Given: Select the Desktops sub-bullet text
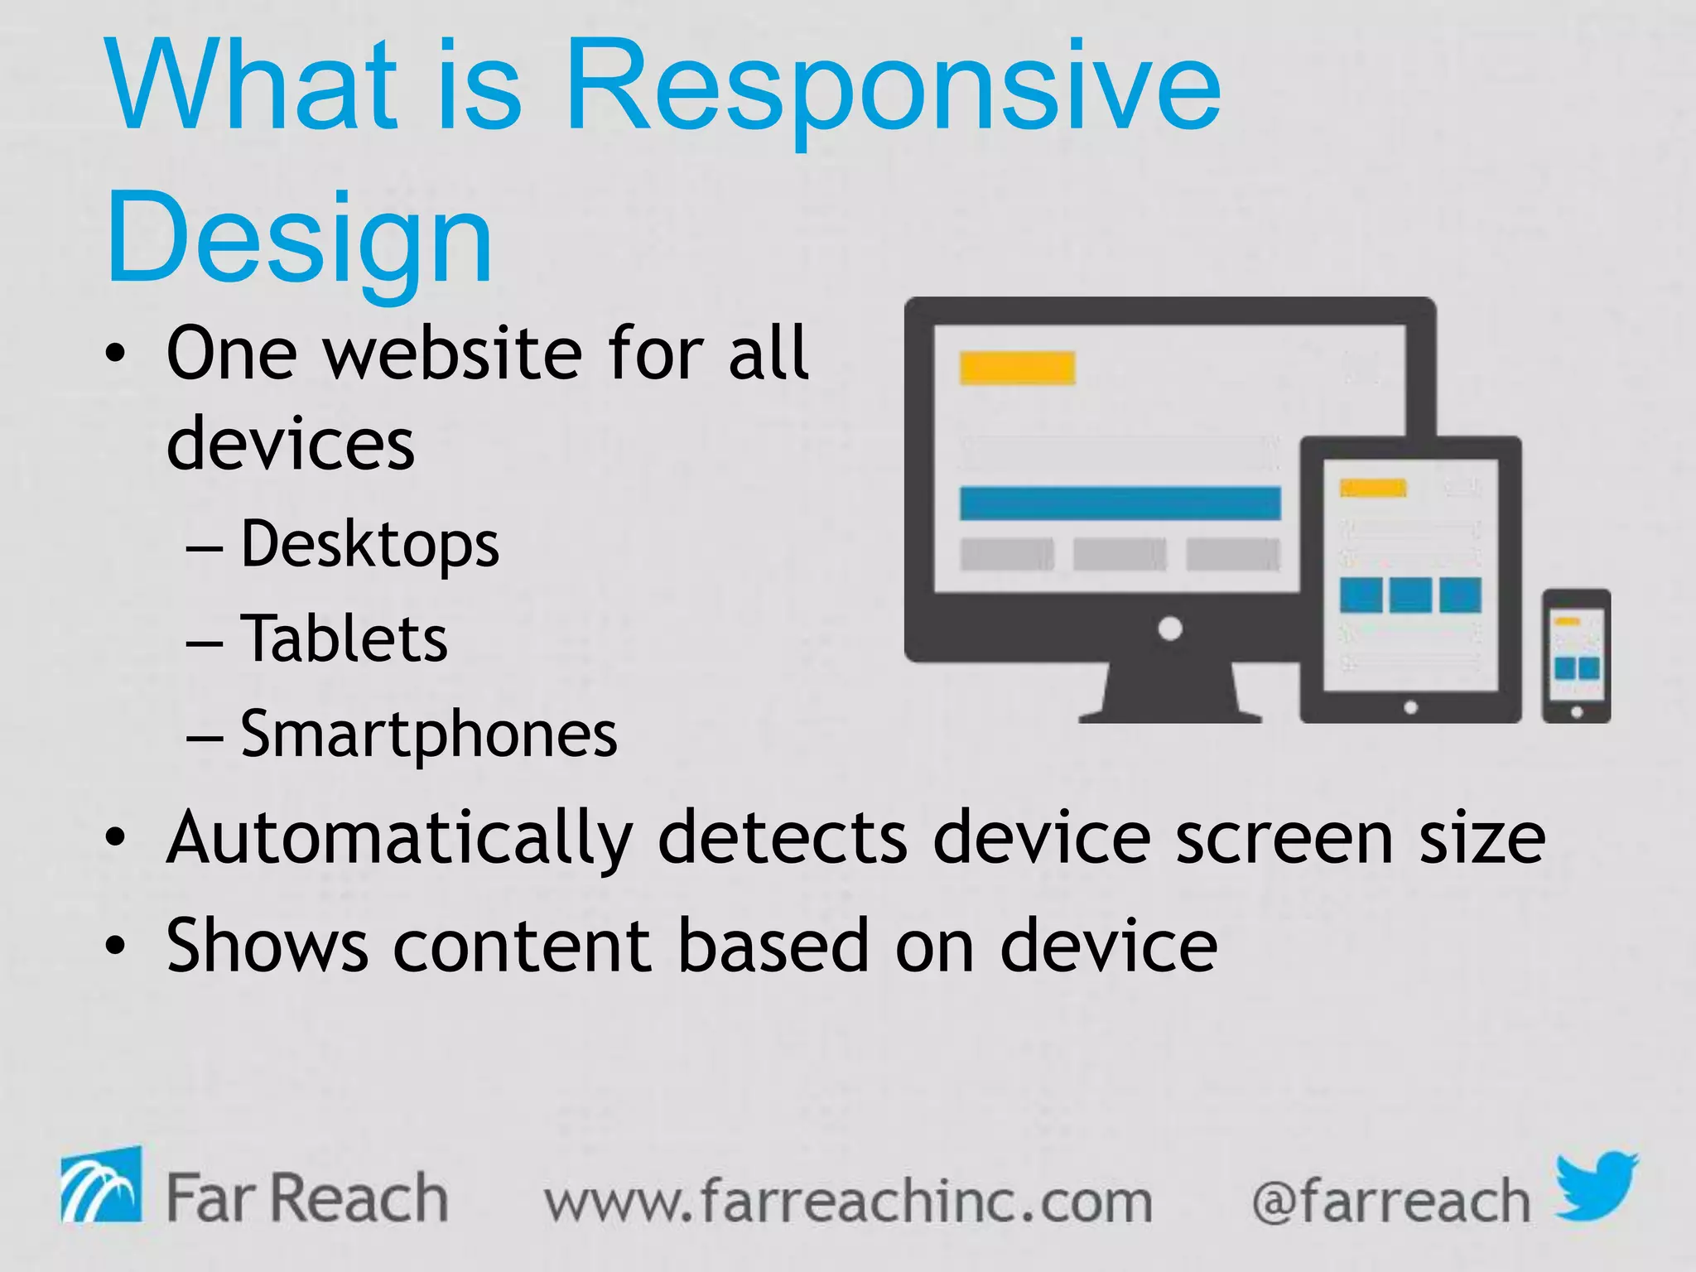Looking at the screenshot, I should [x=369, y=544].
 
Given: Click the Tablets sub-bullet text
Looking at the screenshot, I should [x=344, y=638].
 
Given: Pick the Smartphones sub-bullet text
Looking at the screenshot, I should [x=428, y=734].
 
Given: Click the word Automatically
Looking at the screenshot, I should [x=399, y=838].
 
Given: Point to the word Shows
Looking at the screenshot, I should [x=267, y=945].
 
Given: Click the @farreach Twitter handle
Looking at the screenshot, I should [x=1391, y=1202].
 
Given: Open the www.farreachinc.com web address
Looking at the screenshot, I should [x=848, y=1202].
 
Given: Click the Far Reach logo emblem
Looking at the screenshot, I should [x=100, y=1186].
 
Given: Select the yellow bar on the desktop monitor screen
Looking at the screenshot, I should [x=1017, y=368].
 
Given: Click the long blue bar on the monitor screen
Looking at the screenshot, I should [x=1120, y=503].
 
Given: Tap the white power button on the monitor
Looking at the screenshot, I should [x=1169, y=629].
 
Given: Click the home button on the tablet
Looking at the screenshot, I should [x=1411, y=707].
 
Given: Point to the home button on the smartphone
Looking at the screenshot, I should [x=1577, y=712].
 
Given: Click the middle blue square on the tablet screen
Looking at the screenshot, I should [x=1410, y=595].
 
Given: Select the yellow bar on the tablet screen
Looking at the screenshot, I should [x=1373, y=488].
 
